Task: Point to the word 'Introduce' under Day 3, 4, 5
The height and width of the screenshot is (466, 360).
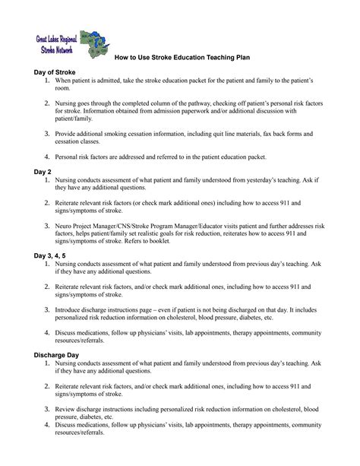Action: pyautogui.click(x=69, y=310)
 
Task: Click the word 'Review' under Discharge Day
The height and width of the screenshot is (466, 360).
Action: pyautogui.click(x=65, y=409)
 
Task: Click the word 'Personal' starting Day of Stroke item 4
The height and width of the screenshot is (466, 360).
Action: pyautogui.click(x=67, y=155)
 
